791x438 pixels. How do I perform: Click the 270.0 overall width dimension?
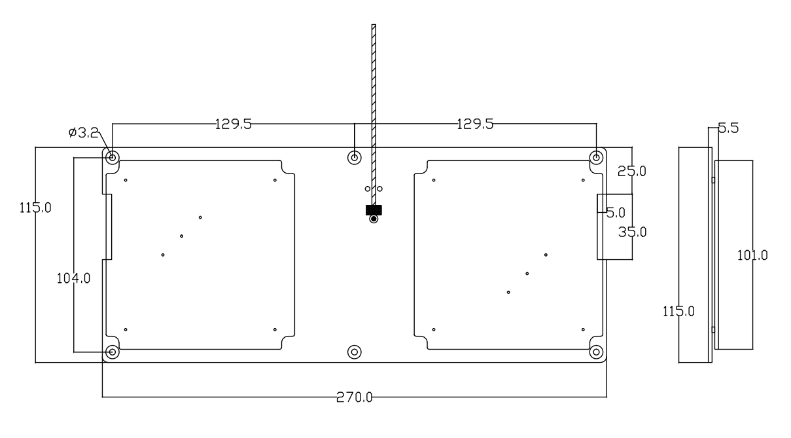[x=355, y=397]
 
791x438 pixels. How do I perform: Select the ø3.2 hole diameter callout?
[x=83, y=133]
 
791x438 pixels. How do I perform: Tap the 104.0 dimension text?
[x=72, y=278]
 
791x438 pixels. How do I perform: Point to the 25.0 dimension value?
[x=632, y=172]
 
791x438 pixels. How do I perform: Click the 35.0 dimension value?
[x=632, y=231]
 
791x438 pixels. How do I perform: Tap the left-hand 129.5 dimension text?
[x=233, y=124]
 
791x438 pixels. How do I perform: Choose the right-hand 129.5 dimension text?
[x=475, y=124]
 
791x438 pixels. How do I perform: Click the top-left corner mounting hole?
[x=113, y=157]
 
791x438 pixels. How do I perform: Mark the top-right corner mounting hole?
[x=596, y=157]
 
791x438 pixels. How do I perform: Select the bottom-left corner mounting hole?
[x=113, y=352]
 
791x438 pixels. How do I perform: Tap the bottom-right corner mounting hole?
[x=596, y=352]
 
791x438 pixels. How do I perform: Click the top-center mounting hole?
[x=355, y=157]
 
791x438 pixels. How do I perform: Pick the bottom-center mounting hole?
[x=355, y=352]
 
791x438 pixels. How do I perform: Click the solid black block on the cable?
[x=374, y=210]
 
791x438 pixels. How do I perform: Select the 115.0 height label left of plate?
[x=36, y=208]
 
